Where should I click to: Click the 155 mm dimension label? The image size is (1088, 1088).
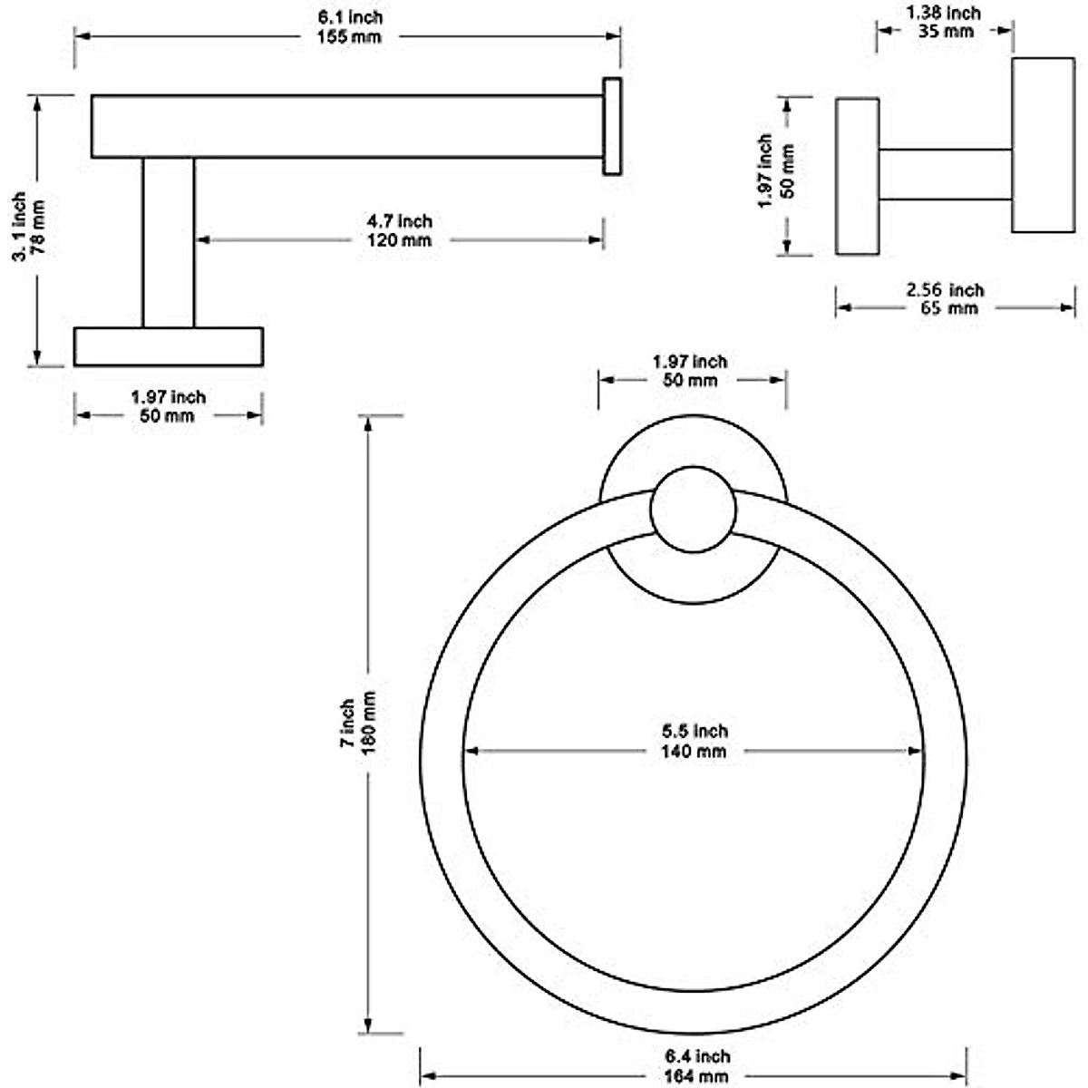(349, 37)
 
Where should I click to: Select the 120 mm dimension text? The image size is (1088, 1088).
(399, 240)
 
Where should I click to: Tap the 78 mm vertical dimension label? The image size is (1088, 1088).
(36, 226)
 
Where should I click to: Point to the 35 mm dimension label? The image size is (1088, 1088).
(945, 31)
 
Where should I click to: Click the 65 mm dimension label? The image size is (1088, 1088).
(949, 308)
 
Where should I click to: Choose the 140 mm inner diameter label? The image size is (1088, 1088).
(694, 752)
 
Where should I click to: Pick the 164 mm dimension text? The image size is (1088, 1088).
(696, 1075)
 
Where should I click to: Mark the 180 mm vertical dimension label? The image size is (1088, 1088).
(367, 723)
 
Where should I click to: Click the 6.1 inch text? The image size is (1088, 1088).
(350, 17)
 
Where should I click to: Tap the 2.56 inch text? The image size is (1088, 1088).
(945, 290)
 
